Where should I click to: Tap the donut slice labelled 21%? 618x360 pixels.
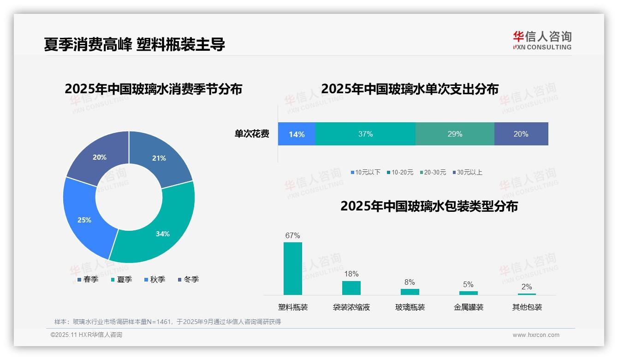point(159,158)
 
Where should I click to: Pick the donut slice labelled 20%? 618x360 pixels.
point(99,157)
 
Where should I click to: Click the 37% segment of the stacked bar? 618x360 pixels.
point(365,134)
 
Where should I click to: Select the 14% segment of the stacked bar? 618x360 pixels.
point(297,134)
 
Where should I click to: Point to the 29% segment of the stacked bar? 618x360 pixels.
point(455,134)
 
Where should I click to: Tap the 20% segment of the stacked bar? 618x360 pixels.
point(521,134)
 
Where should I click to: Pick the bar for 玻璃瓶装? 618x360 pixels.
point(410,292)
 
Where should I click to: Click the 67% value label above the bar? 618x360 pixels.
point(293,235)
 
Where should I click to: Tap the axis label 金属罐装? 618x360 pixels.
point(468,307)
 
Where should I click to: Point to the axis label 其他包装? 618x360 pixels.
point(527,307)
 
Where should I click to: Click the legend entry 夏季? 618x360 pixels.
point(122,279)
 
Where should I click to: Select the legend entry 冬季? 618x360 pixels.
point(189,279)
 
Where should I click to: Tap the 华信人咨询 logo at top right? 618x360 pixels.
point(542,40)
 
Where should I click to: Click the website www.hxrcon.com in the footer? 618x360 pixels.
point(535,335)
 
